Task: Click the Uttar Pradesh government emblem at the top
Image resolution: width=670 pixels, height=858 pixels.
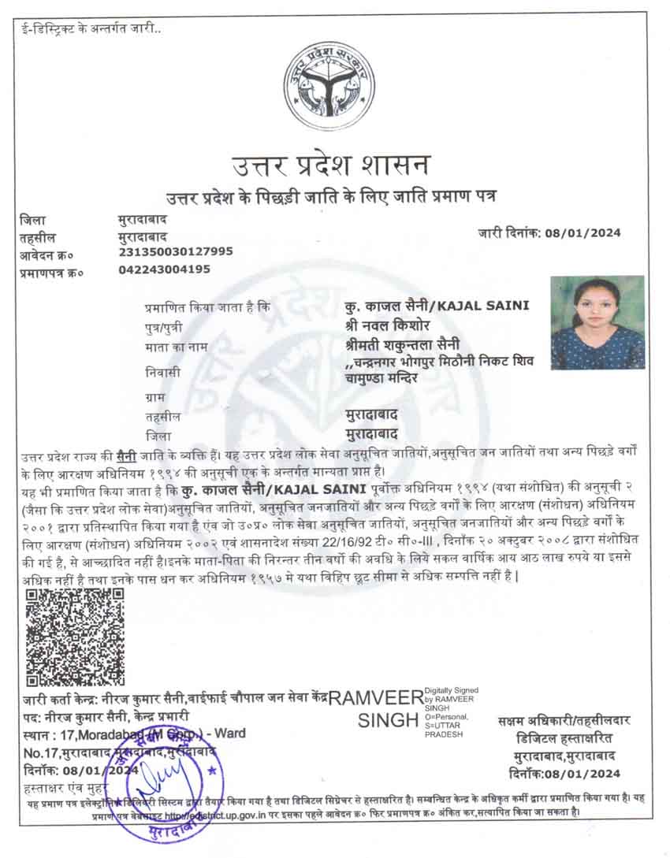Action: [x=329, y=87]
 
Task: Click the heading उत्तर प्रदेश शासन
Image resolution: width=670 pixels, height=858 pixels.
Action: [x=331, y=165]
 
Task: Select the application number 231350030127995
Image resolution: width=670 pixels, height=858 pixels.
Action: [x=175, y=252]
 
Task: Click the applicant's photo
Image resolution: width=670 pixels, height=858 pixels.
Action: [x=597, y=322]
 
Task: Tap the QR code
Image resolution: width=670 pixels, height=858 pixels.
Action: [x=76, y=637]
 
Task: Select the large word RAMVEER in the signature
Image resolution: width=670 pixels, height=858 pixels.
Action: [x=376, y=698]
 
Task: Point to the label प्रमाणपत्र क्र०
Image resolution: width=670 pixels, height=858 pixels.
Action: [x=51, y=272]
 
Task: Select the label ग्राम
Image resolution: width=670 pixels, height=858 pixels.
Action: [x=157, y=396]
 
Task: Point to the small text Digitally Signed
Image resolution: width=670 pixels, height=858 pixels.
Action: [x=452, y=691]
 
